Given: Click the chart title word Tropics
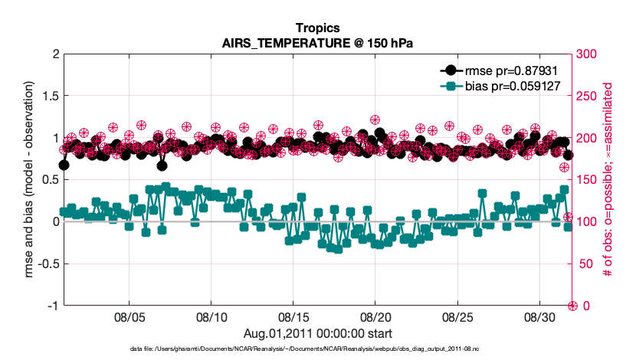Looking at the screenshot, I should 317,28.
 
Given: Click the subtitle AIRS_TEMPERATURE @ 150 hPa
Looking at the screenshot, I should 317,43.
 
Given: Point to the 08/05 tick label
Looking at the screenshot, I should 129,316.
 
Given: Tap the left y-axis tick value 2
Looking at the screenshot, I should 54,54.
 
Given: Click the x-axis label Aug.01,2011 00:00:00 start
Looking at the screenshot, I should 317,333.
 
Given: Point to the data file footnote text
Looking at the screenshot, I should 317,349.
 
